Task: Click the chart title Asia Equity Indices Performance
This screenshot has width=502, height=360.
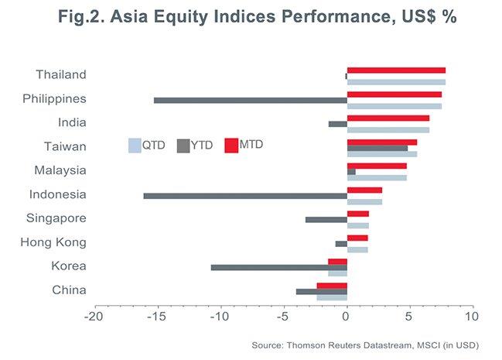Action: pyautogui.click(x=251, y=17)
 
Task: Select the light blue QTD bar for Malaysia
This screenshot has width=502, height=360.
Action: pyautogui.click(x=377, y=177)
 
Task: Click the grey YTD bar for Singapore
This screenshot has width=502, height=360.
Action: pyautogui.click(x=326, y=220)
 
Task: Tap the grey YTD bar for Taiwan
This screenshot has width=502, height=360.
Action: pyautogui.click(x=377, y=148)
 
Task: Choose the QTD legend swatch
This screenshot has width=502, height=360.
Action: pyautogui.click(x=134, y=145)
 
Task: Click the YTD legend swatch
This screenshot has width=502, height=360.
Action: pyautogui.click(x=183, y=145)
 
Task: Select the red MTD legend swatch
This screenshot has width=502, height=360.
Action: pyautogui.click(x=231, y=145)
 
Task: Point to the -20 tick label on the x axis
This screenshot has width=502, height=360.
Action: pyautogui.click(x=94, y=317)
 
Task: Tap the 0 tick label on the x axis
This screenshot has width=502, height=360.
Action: pyautogui.click(x=347, y=317)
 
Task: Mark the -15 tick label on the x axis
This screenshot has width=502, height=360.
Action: pyautogui.click(x=157, y=317)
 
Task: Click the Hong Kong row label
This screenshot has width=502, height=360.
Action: pyautogui.click(x=53, y=242)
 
